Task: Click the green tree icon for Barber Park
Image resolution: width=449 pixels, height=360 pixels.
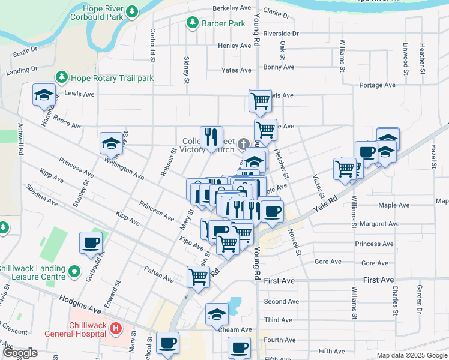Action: (192, 23)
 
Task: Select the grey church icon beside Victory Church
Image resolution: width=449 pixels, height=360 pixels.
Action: (243, 143)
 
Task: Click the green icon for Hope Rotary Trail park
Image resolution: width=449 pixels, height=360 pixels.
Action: (61, 77)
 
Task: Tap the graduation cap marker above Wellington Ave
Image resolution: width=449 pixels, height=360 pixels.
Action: (111, 143)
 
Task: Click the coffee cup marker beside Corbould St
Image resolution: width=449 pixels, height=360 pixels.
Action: (91, 242)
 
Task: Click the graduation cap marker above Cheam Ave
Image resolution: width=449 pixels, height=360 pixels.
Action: (217, 314)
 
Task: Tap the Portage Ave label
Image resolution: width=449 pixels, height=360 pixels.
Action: (377, 85)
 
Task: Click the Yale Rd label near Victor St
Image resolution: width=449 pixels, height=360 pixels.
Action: (325, 205)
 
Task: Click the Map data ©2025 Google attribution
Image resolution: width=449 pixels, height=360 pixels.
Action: (412, 355)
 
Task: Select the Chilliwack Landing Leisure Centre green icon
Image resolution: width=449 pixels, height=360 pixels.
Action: (74, 272)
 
